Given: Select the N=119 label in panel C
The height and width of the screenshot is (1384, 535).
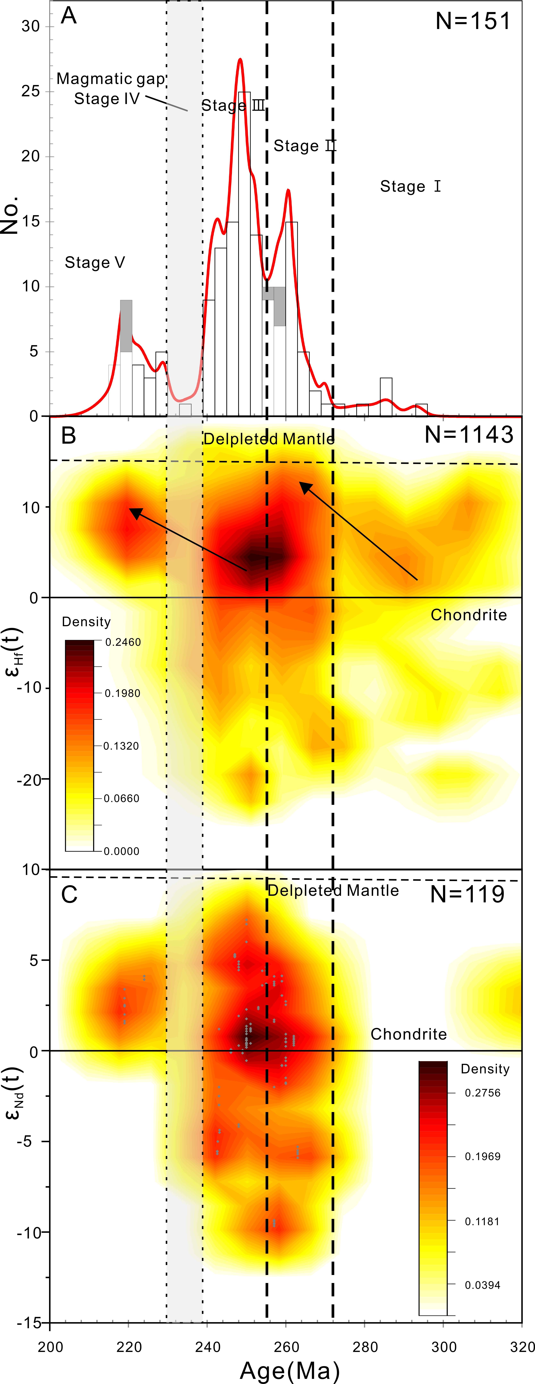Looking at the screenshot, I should pos(467,894).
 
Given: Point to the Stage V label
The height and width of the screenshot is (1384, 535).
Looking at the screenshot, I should pos(95,263).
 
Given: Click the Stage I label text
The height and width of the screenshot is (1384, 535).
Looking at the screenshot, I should pos(410,186).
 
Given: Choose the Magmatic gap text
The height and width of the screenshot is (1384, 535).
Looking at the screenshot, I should pos(111,79).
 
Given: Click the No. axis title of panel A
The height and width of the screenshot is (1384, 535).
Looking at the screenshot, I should pos(10,215).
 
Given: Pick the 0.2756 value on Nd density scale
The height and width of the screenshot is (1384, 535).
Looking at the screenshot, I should pos(482,1093).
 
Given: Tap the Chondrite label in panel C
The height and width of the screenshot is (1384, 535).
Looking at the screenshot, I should pos(408,1034).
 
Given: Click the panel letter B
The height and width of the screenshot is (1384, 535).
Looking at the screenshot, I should pos(68,435).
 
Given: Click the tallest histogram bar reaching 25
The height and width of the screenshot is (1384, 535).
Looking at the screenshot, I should pos(244,252).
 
